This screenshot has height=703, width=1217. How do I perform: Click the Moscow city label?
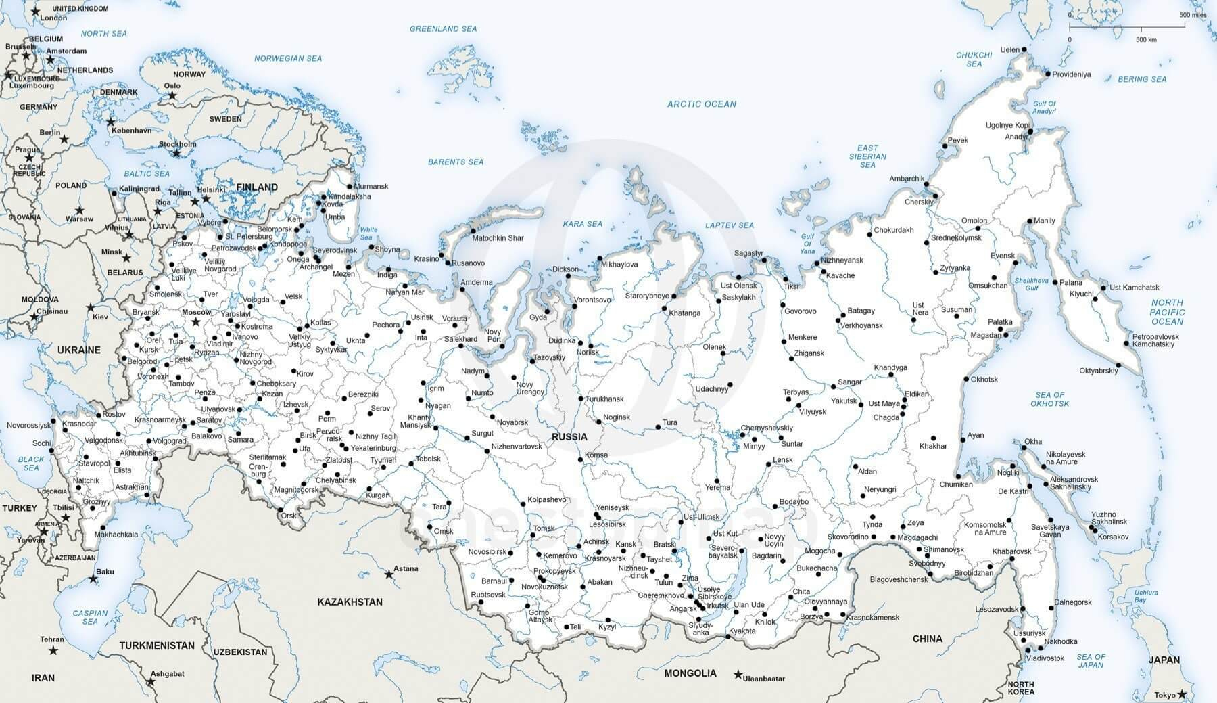(196, 312)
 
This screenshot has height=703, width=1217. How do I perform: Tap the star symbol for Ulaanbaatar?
(738, 675)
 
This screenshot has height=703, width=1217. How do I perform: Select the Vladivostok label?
(1045, 658)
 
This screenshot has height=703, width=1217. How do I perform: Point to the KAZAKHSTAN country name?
(350, 602)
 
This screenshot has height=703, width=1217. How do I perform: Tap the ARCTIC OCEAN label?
(701, 104)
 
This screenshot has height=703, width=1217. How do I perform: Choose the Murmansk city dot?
(350, 187)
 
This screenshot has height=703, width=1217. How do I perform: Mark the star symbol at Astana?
(389, 574)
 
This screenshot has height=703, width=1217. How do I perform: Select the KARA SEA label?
(583, 223)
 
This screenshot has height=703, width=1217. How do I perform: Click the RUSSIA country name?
(569, 436)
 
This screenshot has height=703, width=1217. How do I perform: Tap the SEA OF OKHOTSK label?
(1049, 399)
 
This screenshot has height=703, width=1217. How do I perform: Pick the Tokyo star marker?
(1181, 694)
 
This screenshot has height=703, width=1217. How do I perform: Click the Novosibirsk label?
(487, 552)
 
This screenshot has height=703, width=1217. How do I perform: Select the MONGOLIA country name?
(690, 673)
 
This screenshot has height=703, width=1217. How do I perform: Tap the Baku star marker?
(93, 579)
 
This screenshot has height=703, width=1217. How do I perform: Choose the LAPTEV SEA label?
(729, 225)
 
